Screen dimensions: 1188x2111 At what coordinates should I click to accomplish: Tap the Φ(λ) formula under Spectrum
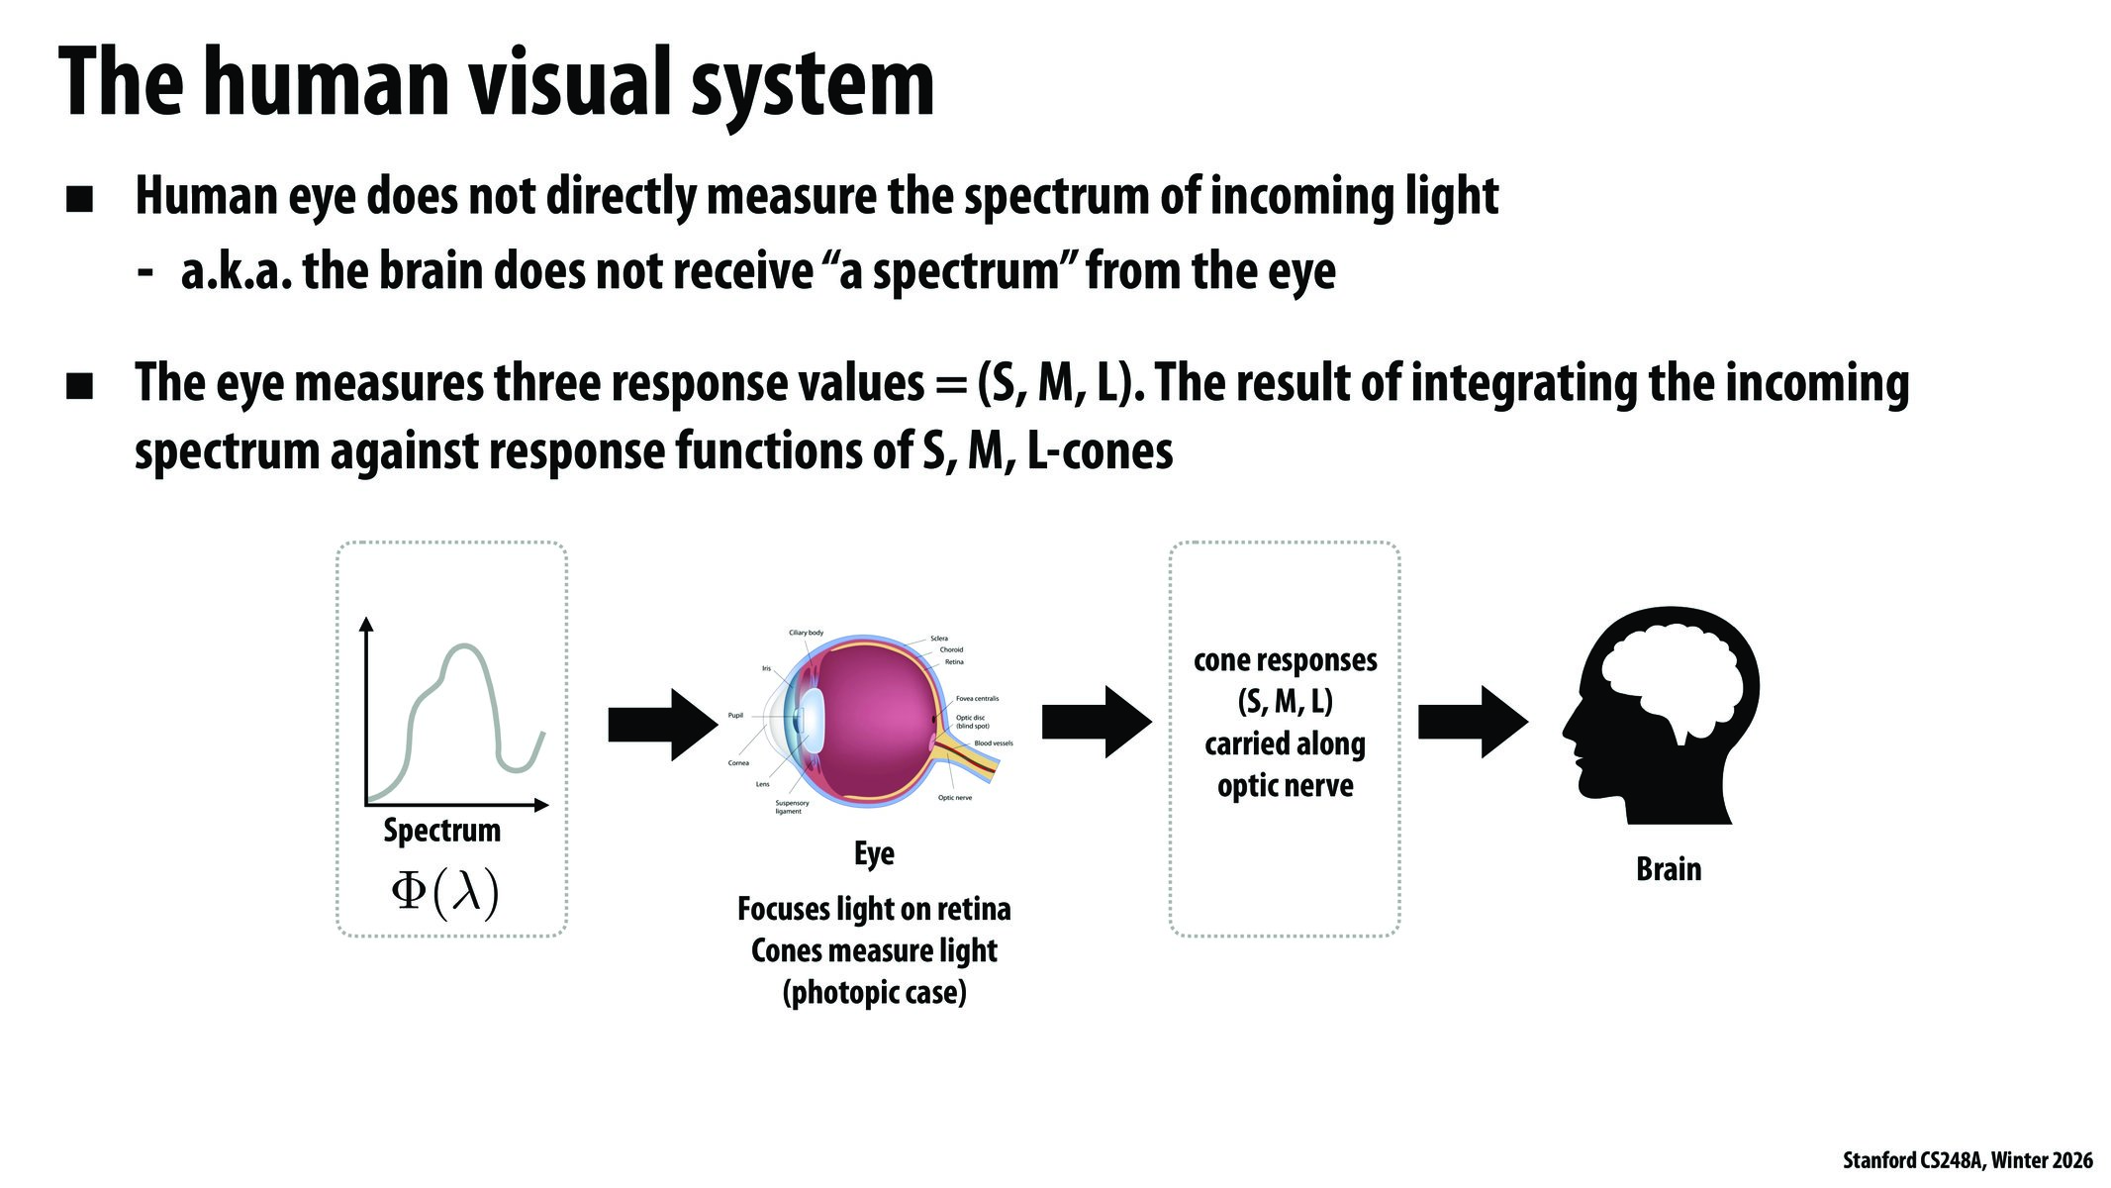444,893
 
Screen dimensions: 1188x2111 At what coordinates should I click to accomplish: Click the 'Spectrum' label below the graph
441,830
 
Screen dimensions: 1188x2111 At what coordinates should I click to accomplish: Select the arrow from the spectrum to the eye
662,725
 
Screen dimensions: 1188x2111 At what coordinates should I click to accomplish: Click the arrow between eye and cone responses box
1097,723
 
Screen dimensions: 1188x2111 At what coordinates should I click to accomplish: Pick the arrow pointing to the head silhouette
1472,723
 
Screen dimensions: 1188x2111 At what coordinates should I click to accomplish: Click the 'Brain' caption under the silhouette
1669,869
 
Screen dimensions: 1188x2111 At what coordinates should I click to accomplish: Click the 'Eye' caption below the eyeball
874,853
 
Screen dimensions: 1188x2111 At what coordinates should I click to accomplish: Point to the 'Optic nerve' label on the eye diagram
954,798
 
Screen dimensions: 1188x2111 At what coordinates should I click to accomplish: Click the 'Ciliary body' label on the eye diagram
806,633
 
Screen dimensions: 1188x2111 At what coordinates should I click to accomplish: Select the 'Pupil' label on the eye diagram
735,715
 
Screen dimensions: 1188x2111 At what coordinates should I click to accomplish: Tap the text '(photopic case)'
874,992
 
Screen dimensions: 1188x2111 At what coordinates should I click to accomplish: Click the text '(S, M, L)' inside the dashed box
1285,702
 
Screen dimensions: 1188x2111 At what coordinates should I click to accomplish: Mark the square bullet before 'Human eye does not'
79,199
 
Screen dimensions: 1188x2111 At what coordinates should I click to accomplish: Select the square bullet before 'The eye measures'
79,386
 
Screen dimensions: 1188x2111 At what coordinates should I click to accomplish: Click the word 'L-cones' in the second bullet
1101,451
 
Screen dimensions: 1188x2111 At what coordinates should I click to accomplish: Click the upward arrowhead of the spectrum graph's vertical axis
366,624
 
